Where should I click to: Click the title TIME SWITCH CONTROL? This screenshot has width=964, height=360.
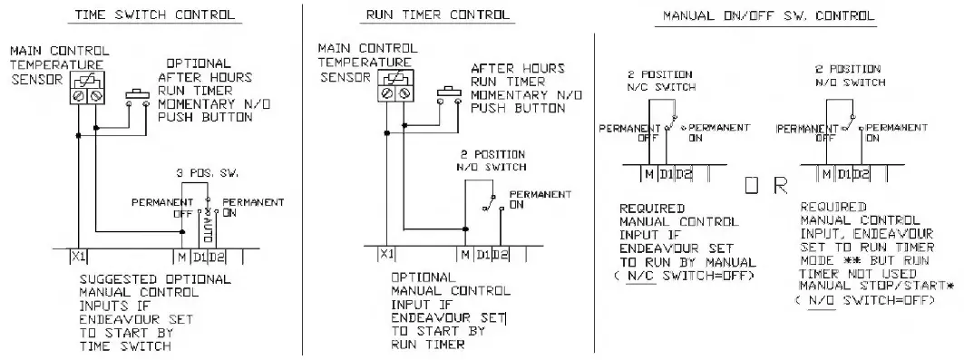153,15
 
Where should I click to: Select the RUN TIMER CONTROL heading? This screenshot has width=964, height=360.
438,15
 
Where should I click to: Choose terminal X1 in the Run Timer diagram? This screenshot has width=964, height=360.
387,257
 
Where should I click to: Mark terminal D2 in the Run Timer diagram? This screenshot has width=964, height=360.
501,257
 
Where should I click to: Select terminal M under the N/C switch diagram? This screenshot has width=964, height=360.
649,173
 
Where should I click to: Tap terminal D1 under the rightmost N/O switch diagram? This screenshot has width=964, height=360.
842,173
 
